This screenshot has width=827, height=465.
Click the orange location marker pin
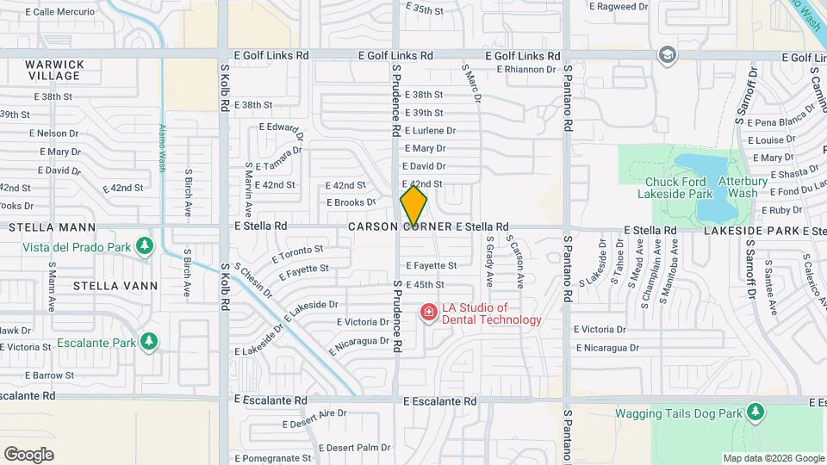pos(413,206)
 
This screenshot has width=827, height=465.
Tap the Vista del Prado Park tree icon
pos(145,247)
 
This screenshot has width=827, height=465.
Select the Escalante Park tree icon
pos(149,342)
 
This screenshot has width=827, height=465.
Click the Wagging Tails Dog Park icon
pos(755,412)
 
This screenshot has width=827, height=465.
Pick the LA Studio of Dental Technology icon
pos(428,313)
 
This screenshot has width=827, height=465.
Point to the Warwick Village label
pos(54,70)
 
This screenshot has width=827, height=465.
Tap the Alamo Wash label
pos(161,148)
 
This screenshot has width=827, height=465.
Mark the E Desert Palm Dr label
pos(355,448)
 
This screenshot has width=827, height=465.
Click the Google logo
pos(28,455)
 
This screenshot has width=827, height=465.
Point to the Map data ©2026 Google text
pos(773,458)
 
